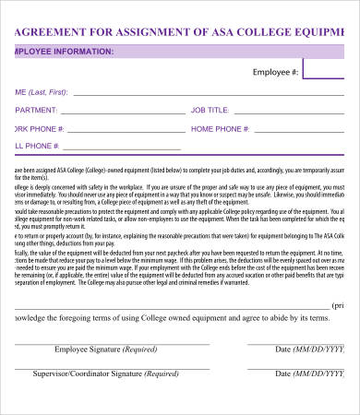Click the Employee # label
pos(275,71)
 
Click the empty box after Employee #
pos(331,71)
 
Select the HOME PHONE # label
pos(223,128)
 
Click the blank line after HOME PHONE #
pos(309,131)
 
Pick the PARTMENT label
pos(38,110)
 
